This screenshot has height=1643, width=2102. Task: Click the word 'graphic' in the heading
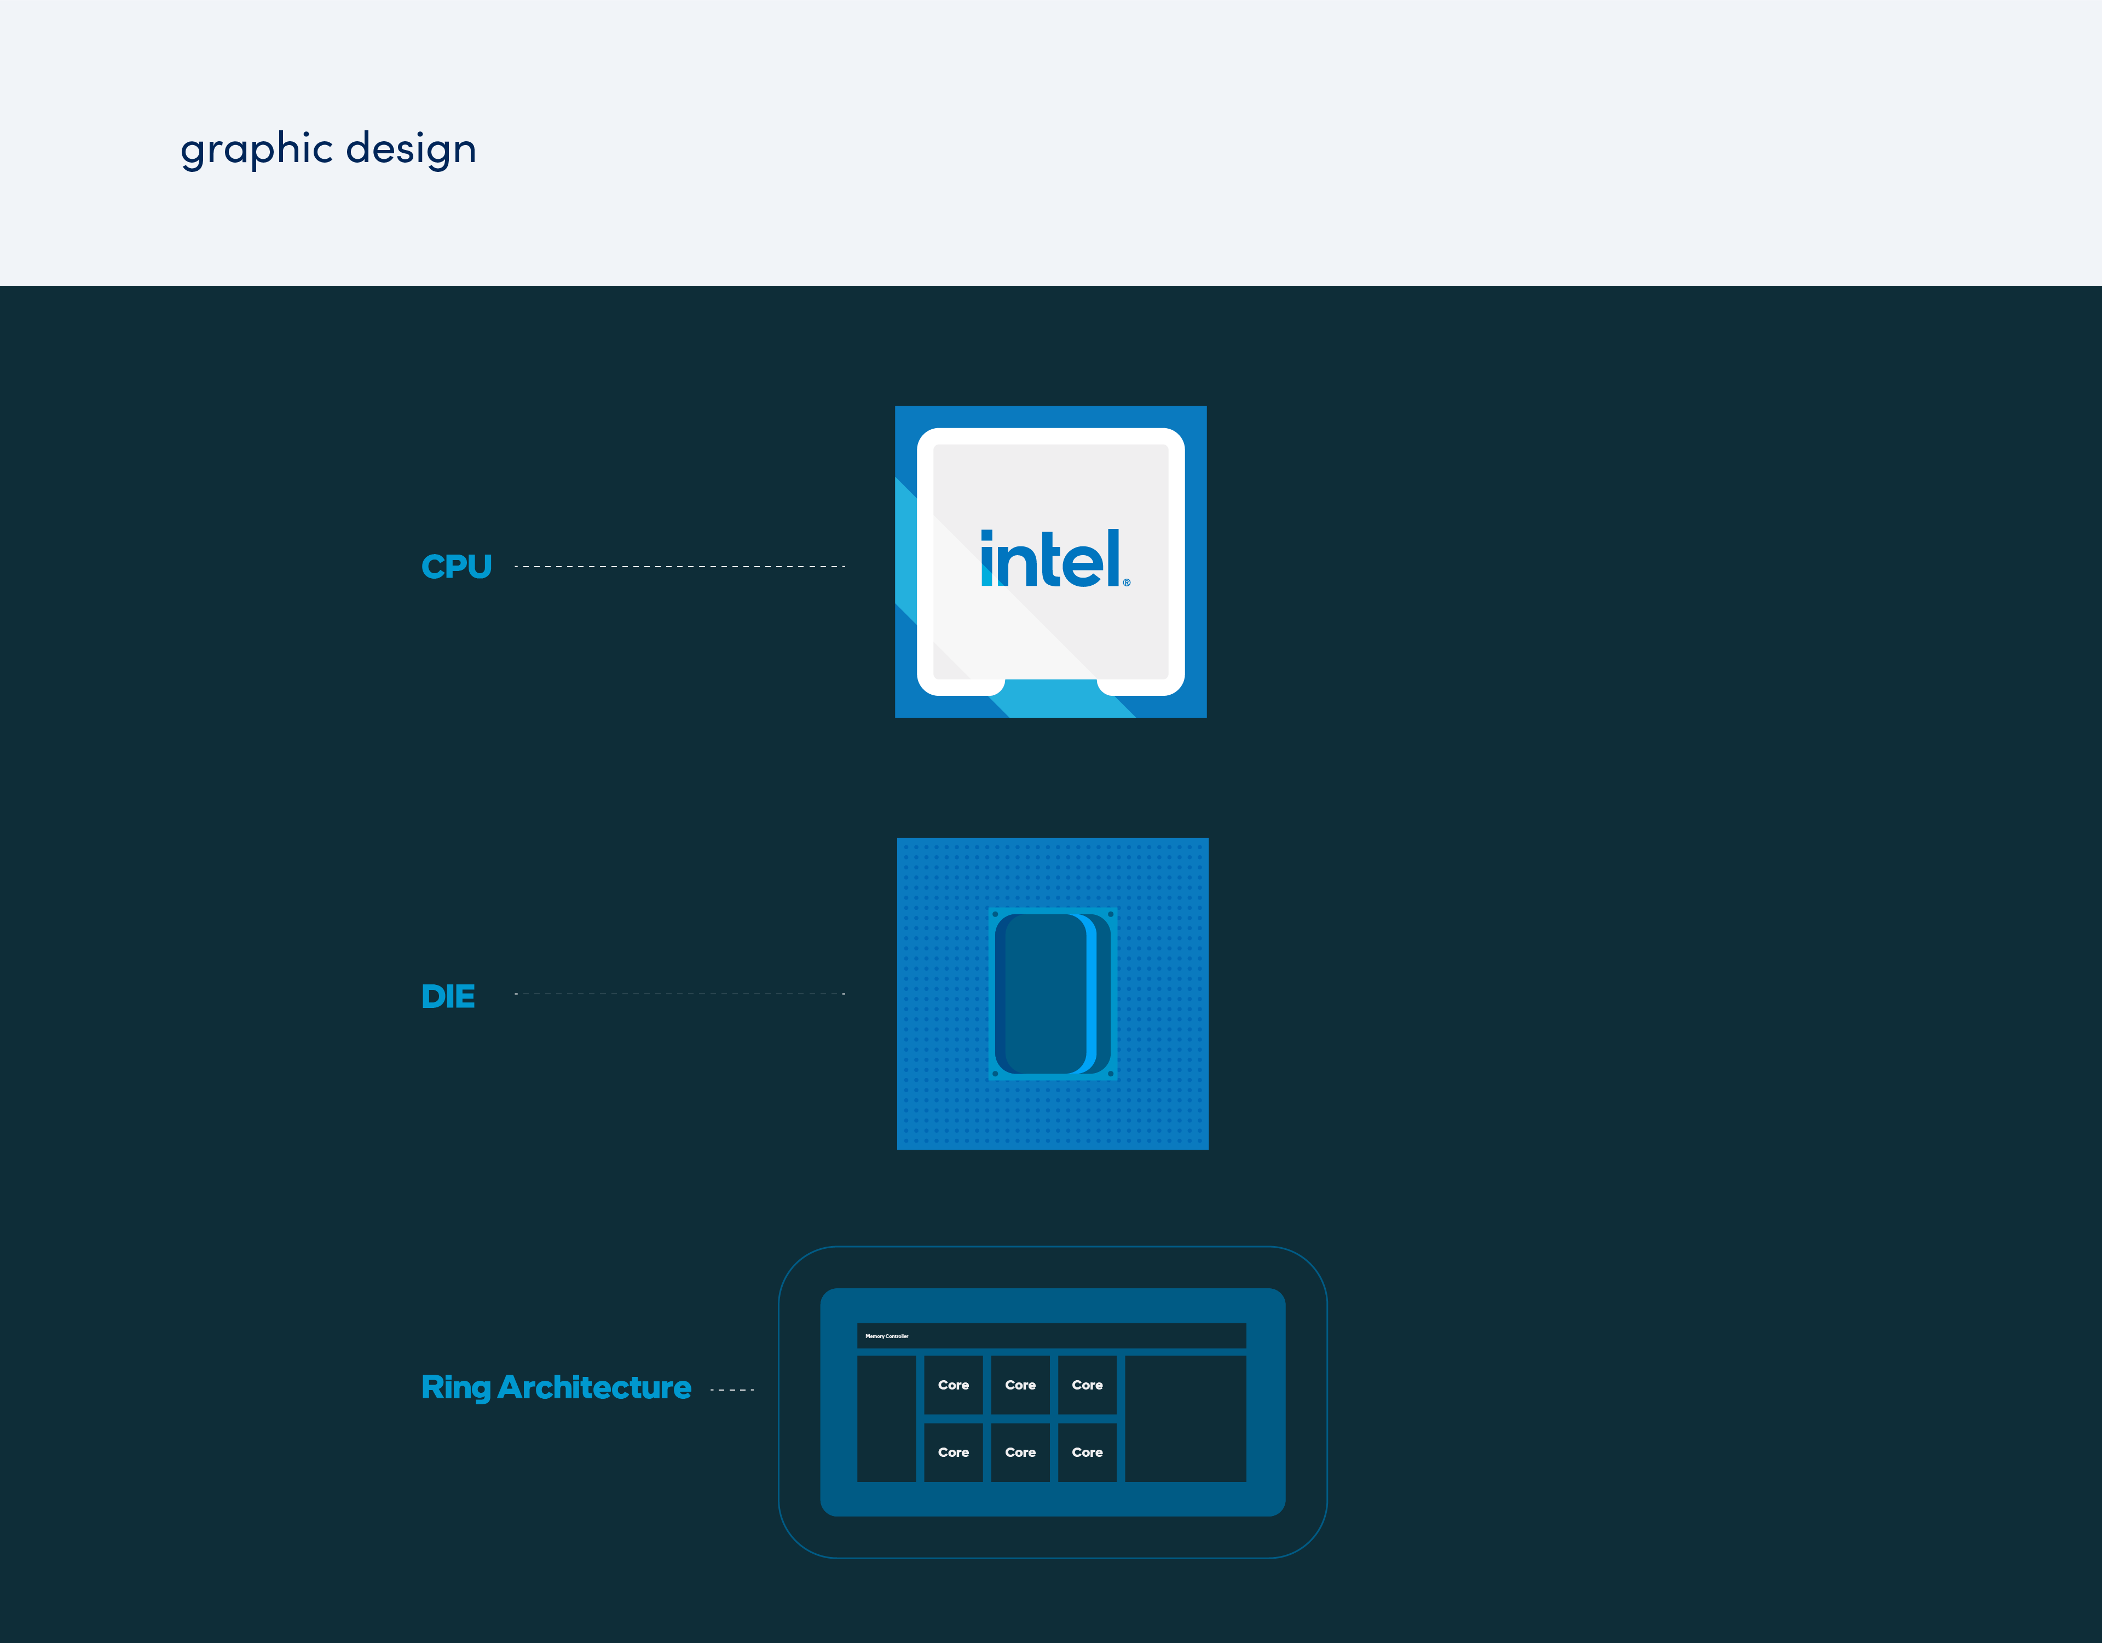coord(257,149)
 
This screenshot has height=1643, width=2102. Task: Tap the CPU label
coord(456,567)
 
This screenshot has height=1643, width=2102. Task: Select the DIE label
coord(448,996)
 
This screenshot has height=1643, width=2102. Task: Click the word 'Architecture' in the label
coord(594,1387)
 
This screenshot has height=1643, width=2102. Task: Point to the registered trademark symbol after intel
coord(1127,583)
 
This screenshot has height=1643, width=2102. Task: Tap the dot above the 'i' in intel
coord(986,535)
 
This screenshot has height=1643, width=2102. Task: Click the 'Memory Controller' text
coord(886,1336)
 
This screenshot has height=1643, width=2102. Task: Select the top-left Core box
coord(953,1385)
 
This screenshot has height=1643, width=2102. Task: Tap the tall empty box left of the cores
coord(886,1419)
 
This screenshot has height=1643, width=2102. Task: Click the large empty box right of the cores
coord(1186,1419)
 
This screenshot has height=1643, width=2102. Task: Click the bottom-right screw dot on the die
coord(1111,1073)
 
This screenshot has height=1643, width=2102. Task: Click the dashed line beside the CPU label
coord(679,567)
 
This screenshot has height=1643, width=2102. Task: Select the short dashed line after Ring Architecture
coord(731,1390)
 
